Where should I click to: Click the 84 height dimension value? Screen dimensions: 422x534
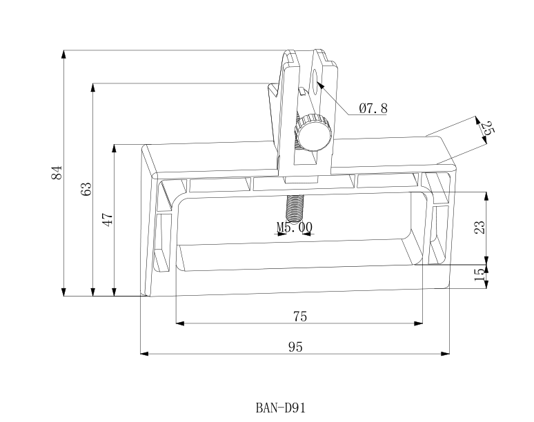point(57,172)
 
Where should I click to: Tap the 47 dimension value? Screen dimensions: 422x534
point(108,220)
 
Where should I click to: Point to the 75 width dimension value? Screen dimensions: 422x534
point(299,316)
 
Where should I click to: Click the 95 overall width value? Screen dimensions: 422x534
point(295,347)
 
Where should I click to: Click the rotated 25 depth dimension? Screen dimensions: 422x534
point(488,128)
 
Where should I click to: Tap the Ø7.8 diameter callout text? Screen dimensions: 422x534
point(373,108)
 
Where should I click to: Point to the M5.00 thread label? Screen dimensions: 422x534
point(295,226)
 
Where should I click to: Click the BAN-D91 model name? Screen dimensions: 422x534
point(279,408)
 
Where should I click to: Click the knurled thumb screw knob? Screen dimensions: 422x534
point(314,132)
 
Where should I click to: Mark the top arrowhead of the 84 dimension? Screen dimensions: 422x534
point(63,53)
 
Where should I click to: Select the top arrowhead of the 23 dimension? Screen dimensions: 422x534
point(486,194)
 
